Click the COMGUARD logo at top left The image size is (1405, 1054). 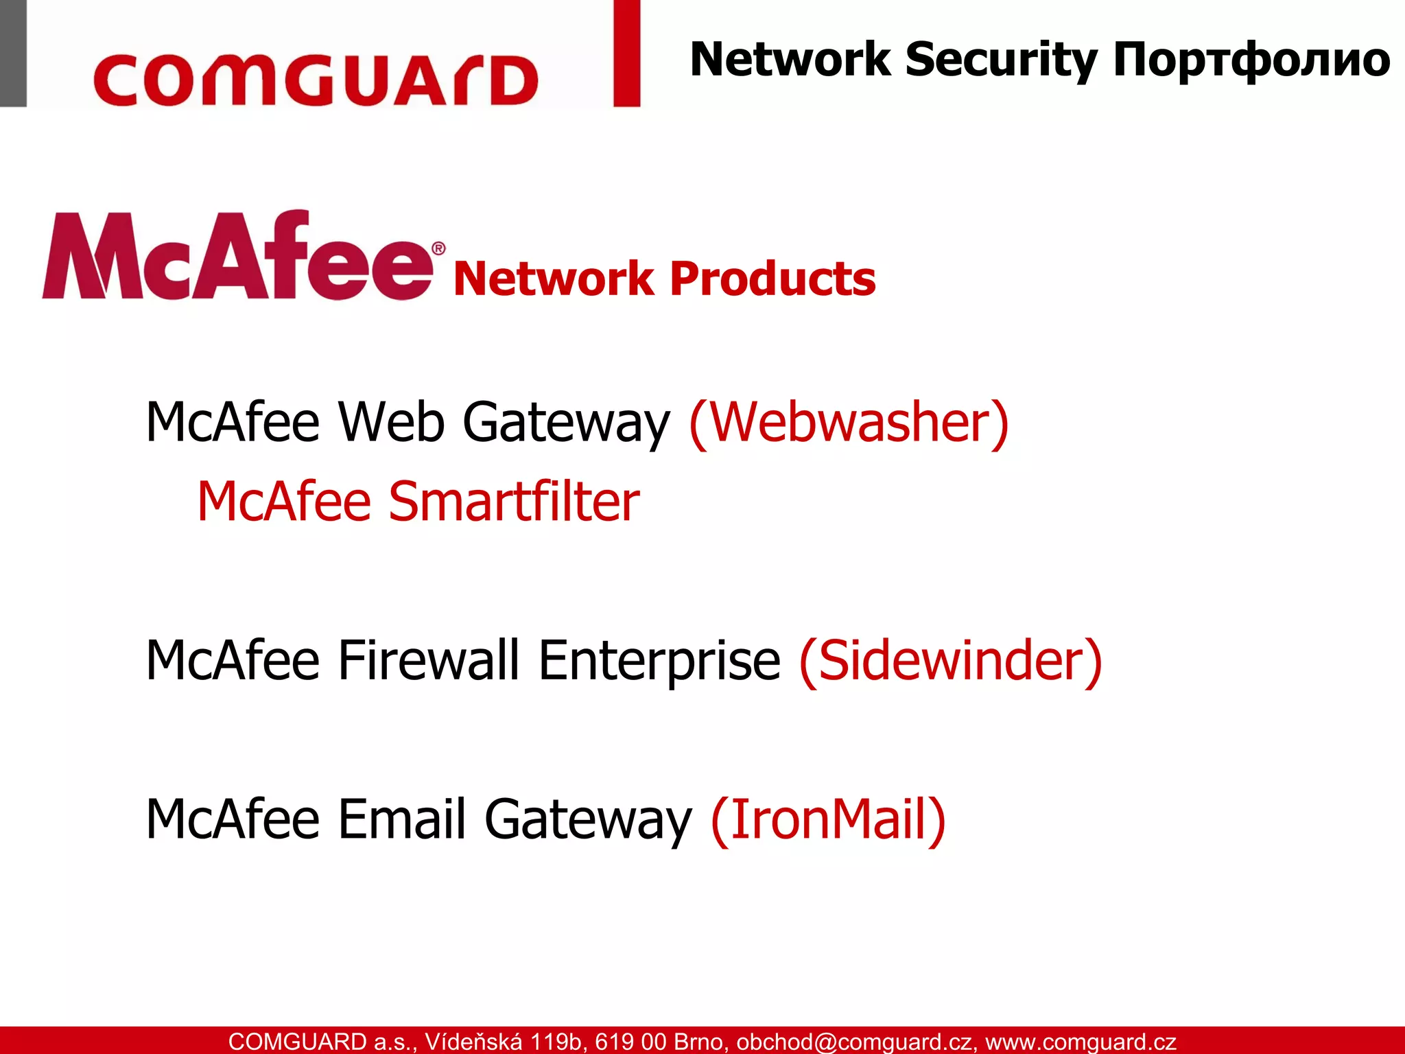point(316,81)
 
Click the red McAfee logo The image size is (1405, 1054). point(237,257)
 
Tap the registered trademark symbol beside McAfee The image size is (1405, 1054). point(438,248)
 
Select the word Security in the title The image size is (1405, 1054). point(1001,60)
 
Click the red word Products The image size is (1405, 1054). point(772,279)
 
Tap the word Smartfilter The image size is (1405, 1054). point(514,502)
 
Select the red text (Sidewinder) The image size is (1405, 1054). point(950,660)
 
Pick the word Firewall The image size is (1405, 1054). point(429,660)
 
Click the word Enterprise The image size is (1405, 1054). point(659,661)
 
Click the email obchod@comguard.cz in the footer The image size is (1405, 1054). point(853,1042)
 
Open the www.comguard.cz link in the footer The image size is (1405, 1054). point(1081,1042)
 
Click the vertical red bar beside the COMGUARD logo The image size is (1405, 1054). point(626,53)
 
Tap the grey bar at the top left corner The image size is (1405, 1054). point(13,53)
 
